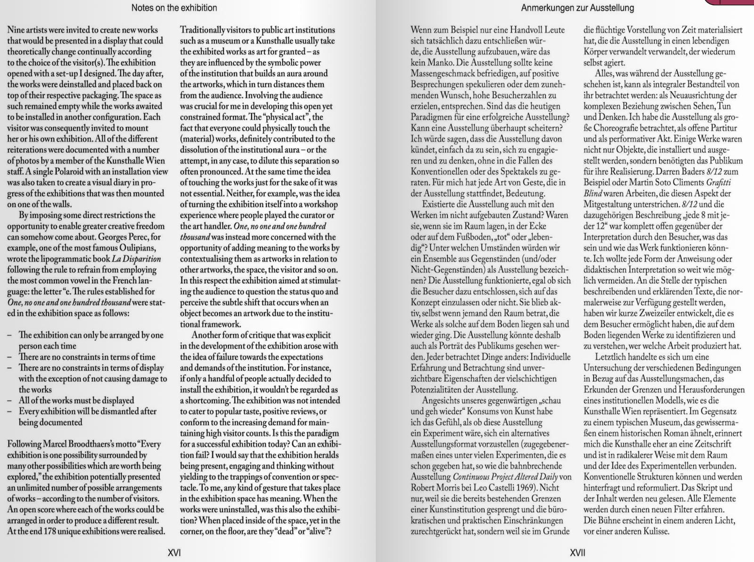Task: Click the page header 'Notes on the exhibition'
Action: pyautogui.click(x=174, y=8)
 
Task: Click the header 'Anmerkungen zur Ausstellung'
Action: pyautogui.click(x=577, y=8)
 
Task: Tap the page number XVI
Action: pyautogui.click(x=174, y=552)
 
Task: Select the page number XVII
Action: pyautogui.click(x=577, y=552)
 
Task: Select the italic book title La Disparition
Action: pyautogui.click(x=136, y=259)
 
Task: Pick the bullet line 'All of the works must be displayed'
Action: pyautogui.click(x=76, y=401)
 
